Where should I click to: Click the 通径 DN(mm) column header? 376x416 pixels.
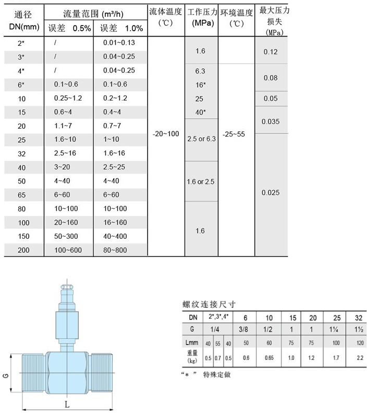(x=22, y=19)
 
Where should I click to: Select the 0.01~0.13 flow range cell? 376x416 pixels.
(x=118, y=42)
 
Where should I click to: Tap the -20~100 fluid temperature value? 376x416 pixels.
(x=166, y=134)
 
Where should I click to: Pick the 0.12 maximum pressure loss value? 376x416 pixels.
(x=271, y=52)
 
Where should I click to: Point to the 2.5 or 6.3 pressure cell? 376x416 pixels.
(x=201, y=139)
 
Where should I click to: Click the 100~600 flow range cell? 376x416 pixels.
(x=69, y=250)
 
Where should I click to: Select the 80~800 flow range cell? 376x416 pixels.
(x=115, y=250)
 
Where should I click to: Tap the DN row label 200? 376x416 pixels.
(x=23, y=250)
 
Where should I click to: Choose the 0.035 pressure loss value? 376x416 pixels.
(x=271, y=121)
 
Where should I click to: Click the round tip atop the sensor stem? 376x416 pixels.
(x=67, y=286)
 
